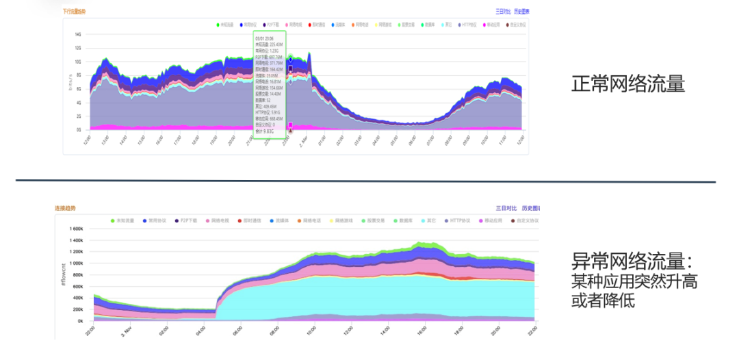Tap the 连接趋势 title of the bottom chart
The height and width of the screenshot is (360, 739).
pos(65,207)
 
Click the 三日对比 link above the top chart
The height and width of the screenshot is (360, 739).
pos(503,12)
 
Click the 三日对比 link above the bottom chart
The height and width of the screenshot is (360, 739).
pos(506,207)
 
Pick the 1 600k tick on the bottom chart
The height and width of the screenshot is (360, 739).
pos(73,229)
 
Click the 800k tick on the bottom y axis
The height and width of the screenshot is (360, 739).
pos(75,274)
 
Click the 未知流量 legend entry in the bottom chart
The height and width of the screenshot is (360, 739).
pos(124,220)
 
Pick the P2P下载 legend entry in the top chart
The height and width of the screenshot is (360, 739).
pos(272,25)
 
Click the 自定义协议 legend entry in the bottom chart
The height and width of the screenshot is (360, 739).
pos(526,220)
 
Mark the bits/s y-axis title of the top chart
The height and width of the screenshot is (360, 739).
pos(70,83)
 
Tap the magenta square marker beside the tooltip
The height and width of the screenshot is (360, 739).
pos(291,125)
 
